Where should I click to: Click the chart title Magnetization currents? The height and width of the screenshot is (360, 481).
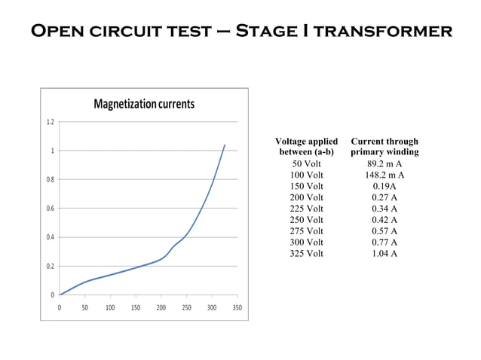coord(143,103)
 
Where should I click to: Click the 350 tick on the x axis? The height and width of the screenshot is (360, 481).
coord(237,308)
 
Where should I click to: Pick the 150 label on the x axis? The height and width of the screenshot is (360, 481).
coord(135,308)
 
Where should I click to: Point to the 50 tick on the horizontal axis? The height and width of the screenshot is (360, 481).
coord(85,308)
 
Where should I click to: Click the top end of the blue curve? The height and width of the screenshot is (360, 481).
coord(225,145)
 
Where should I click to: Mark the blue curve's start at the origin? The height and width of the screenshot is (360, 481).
coord(60,294)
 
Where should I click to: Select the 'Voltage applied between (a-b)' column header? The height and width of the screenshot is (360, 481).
coord(306,147)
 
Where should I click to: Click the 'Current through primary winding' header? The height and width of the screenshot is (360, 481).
coord(384,147)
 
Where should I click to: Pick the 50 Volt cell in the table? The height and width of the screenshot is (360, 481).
coord(306,164)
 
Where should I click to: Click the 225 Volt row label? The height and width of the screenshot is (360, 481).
coord(306,209)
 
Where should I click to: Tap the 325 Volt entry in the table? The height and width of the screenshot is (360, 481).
coord(306,253)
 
